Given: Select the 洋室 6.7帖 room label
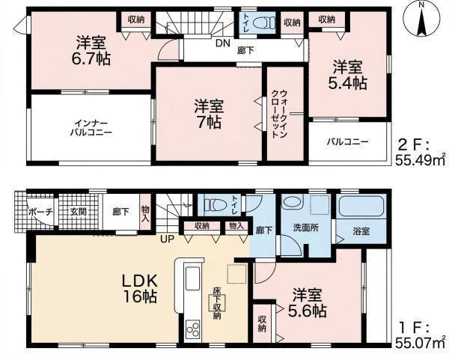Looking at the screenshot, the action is tap(91, 52).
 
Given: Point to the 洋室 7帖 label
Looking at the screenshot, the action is tap(209, 115).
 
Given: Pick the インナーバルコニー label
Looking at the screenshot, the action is tap(91, 128).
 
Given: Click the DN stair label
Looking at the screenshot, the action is tap(223, 43).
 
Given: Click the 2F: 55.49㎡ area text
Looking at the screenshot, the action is tap(421, 153).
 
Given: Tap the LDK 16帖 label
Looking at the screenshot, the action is tap(140, 289).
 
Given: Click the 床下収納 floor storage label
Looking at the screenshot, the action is tap(216, 303).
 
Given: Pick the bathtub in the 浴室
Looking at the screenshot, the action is tap(361, 206).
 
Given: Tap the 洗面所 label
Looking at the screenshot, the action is tap(306, 228).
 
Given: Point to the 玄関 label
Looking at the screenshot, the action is tap(78, 213).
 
